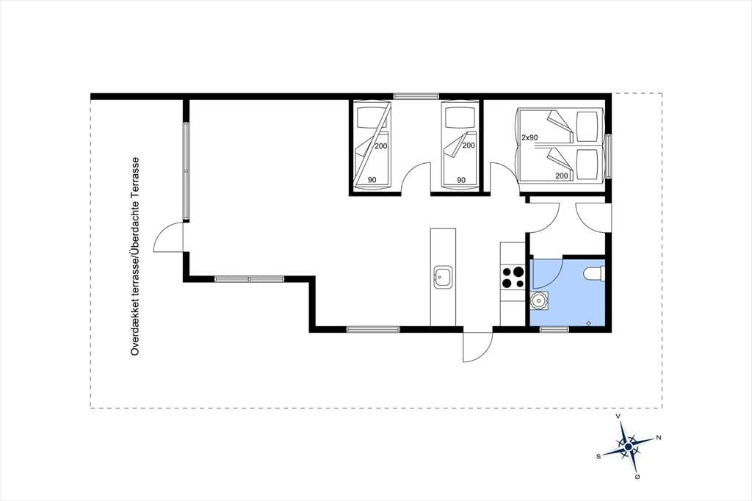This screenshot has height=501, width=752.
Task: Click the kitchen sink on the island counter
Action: coord(443,277)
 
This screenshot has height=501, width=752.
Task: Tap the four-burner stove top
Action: coord(513,278)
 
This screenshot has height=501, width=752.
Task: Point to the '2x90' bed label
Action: coord(529,137)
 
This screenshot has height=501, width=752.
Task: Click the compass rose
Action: coord(628,447)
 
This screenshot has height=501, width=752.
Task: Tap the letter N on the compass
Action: coord(659,437)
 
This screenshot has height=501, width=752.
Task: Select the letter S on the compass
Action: coord(598,457)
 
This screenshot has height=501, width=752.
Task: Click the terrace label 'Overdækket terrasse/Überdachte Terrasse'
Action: coord(135,256)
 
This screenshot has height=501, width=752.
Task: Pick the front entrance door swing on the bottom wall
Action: coord(477,345)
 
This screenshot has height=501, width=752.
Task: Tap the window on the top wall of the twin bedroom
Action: coord(416,96)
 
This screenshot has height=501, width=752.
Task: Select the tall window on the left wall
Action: coord(186,171)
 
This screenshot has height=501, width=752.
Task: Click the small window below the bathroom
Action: coord(554,329)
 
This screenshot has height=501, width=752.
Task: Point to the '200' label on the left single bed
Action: coord(381,146)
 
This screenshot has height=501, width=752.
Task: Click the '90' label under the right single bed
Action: coord(461,181)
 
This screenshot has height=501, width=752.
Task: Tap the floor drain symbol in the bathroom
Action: coord(588,323)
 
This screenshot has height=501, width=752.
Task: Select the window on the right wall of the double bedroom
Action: coord(608,156)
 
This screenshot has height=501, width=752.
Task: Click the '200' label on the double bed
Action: coord(562,176)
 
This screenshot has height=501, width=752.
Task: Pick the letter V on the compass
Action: coord(618,416)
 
